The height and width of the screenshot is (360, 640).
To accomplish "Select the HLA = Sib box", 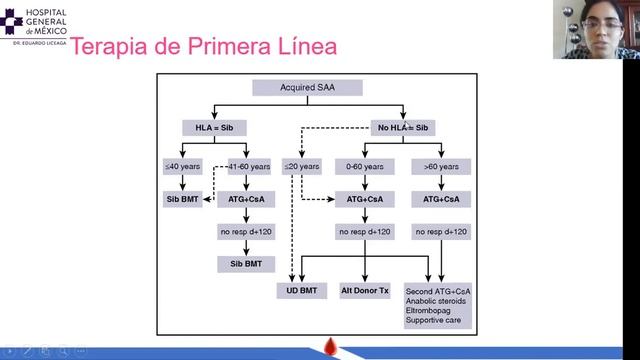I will (x=213, y=128).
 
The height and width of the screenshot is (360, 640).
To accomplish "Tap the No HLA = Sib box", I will (x=403, y=128).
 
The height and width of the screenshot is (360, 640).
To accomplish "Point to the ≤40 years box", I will (x=181, y=166).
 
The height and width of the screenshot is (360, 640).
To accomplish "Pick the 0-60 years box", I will (x=364, y=166).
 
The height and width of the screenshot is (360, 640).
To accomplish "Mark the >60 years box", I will (x=439, y=166).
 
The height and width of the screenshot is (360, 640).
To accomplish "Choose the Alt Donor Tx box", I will (x=364, y=290).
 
